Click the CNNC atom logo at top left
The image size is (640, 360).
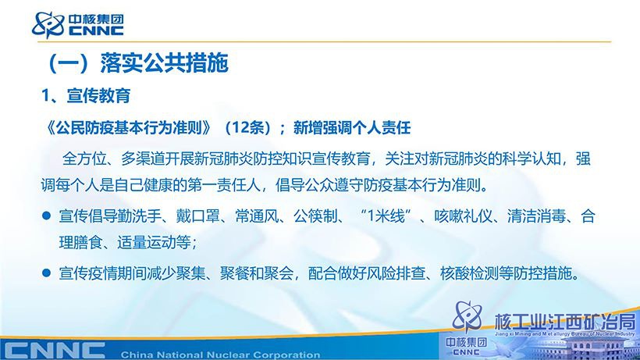coord(48,25)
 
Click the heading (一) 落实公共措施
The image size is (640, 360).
coord(138,62)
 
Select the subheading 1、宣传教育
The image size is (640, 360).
coord(86,95)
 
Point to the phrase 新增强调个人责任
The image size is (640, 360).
coord(352,128)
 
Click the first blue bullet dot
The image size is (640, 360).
coord(47,216)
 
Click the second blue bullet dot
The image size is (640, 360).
coord(47,273)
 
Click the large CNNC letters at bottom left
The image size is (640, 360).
coord(55,351)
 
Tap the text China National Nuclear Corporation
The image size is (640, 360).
coord(220,355)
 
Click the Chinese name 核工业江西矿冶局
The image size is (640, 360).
coord(565,322)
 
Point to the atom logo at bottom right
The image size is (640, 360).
coord(468,316)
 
